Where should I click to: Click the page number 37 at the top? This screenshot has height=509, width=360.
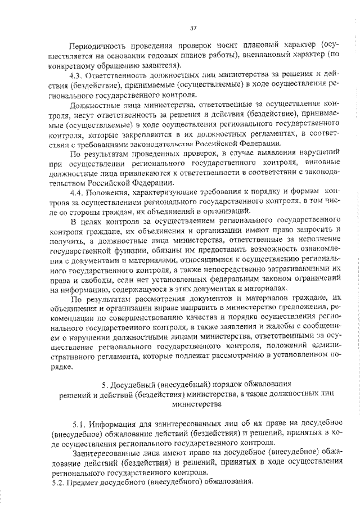point(192,28)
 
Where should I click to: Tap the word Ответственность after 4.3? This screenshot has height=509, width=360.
point(121,74)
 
